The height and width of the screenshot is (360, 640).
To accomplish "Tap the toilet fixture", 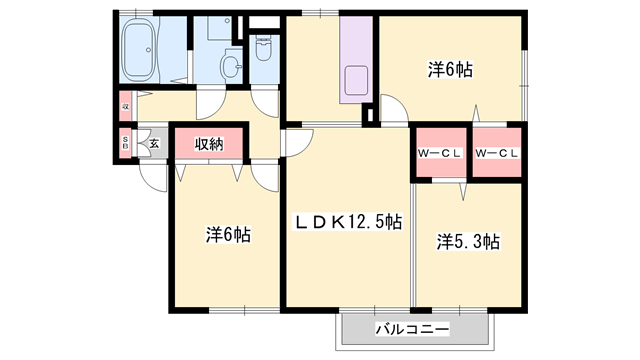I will tap(264, 49).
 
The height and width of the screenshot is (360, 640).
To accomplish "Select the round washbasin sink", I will tap(231, 67).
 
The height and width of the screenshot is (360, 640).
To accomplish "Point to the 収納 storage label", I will tap(208, 143).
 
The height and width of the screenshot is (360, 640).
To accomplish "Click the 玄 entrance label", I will tap(154, 143).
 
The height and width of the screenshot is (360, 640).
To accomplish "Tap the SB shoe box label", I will tap(126, 142).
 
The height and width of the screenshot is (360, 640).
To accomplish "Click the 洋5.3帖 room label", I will tap(468, 241).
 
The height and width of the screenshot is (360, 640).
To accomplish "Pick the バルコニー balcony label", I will tap(413, 329).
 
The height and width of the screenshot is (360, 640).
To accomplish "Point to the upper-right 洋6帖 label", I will tap(450, 70).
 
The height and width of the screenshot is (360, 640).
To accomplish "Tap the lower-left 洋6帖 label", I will tap(228, 235).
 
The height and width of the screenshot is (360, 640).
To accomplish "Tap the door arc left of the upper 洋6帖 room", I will tap(393, 110).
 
